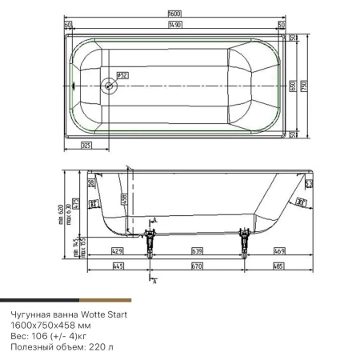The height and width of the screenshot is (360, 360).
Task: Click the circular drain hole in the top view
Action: pyautogui.click(x=109, y=83)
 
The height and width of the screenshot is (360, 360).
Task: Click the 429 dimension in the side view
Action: pyautogui.click(x=117, y=251)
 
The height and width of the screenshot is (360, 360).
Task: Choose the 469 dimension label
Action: pyautogui.click(x=278, y=251)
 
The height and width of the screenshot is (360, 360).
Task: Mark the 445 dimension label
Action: pyautogui.click(x=118, y=265)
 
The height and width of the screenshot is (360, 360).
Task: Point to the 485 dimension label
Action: pyautogui.click(x=278, y=265)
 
